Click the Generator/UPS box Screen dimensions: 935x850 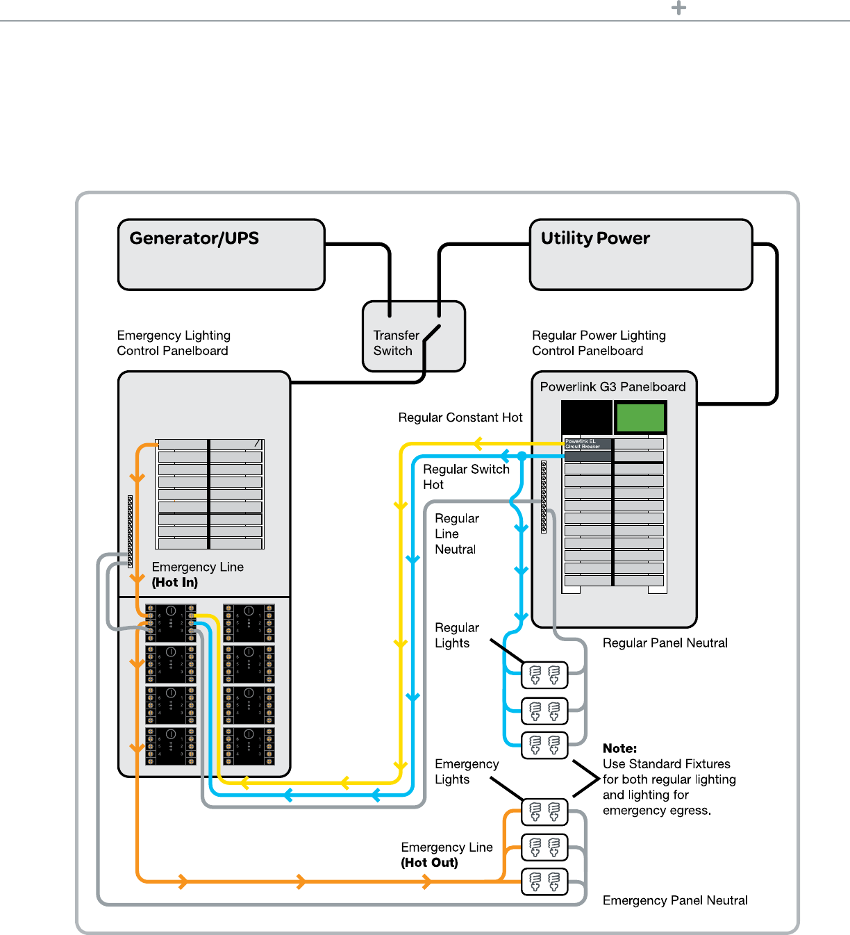[x=222, y=255]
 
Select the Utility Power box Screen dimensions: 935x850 [x=641, y=255]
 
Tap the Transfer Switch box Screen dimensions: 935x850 [x=413, y=337]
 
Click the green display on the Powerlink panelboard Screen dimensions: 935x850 [x=640, y=417]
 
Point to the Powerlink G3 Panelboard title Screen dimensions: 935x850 [x=612, y=387]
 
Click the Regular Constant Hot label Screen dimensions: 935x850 [x=460, y=417]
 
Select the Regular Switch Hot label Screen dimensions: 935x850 [x=466, y=477]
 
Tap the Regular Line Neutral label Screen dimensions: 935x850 [x=456, y=534]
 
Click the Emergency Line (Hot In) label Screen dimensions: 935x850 [x=197, y=574]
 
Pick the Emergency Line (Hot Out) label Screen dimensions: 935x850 [x=447, y=855]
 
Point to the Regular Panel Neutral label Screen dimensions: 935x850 [x=665, y=643]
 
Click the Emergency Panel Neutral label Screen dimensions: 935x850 [x=675, y=900]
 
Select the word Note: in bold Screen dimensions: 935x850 [x=619, y=749]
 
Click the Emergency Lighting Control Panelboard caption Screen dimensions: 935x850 [x=174, y=343]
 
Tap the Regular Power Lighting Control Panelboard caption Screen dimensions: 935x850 [x=599, y=343]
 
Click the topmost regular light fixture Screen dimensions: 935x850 [x=544, y=675]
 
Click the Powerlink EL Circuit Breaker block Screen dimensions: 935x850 [x=587, y=444]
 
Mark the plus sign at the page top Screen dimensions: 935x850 [x=678, y=8]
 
